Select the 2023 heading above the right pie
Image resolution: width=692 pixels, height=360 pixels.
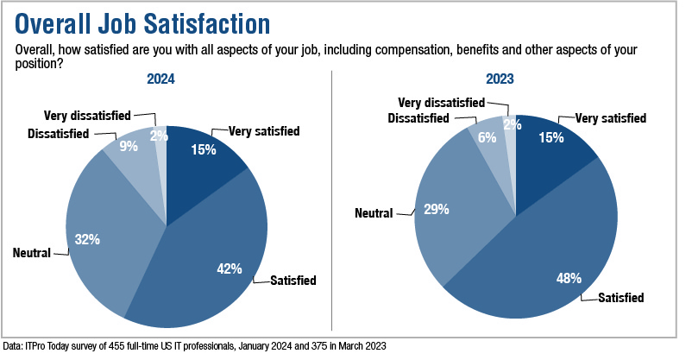(499, 79)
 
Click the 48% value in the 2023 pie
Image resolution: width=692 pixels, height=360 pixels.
(568, 279)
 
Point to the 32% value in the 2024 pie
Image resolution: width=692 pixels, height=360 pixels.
(86, 238)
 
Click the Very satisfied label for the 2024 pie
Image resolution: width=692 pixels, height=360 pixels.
(264, 131)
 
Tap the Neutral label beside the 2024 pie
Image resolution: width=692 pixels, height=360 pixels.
(33, 253)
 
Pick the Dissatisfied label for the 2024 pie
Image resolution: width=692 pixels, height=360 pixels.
(61, 133)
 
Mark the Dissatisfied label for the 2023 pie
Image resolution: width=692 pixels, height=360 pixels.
(418, 117)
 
